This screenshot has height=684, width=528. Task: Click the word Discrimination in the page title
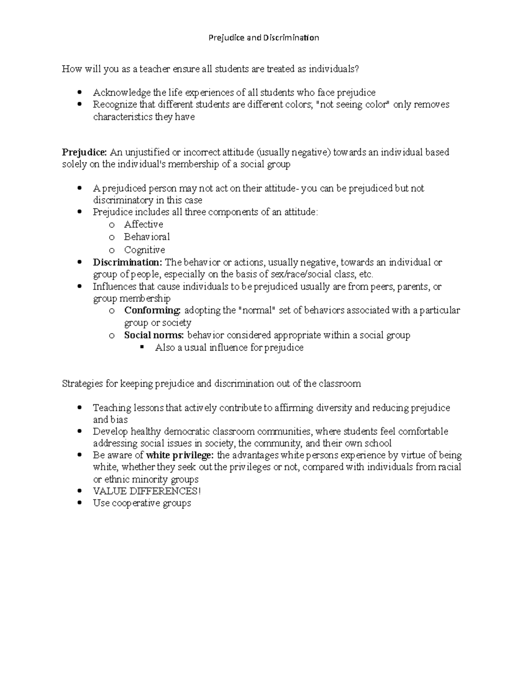(291, 37)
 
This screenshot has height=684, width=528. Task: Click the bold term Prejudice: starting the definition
(84, 152)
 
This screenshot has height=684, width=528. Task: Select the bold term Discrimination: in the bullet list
(128, 263)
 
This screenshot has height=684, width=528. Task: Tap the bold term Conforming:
(152, 311)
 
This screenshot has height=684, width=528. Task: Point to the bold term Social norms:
(154, 335)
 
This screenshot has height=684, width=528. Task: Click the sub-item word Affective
(143, 224)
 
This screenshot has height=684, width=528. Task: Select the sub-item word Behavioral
(147, 237)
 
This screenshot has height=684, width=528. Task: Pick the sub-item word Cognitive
(144, 250)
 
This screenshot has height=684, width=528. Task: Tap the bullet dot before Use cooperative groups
(79, 503)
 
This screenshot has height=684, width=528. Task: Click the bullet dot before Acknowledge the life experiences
(79, 92)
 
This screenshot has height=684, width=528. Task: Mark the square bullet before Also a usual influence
(142, 347)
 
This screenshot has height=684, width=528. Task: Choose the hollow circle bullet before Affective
(112, 225)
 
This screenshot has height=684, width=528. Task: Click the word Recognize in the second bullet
(115, 105)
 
